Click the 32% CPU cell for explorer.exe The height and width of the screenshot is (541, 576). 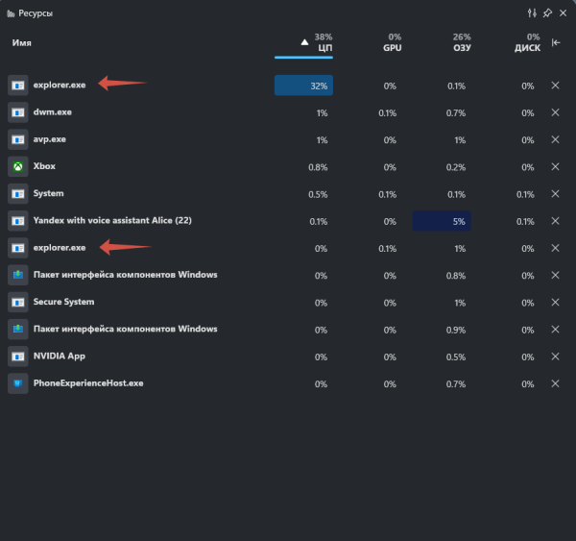point(303,86)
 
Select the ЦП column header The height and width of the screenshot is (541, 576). point(324,45)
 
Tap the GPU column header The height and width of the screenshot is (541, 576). point(392,45)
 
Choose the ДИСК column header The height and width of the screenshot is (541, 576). point(527,45)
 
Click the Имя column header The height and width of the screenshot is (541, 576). point(22,43)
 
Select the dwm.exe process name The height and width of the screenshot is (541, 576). point(53,112)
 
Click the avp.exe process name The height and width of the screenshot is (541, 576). point(51,139)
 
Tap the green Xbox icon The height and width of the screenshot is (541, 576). point(17,166)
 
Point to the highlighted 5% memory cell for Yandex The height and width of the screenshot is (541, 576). point(442,221)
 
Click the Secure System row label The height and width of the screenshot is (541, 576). point(63,302)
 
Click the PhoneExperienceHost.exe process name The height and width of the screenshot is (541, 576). point(88,382)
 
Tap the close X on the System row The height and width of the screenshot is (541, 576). point(555,193)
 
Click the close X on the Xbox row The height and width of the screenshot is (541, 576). point(555,166)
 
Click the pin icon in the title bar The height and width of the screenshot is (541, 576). point(547,13)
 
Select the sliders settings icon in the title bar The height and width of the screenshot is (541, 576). point(532,13)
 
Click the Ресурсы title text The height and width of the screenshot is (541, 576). point(36,13)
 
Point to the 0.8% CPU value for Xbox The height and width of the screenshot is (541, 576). point(318,166)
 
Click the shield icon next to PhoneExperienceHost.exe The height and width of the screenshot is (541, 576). point(17,382)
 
